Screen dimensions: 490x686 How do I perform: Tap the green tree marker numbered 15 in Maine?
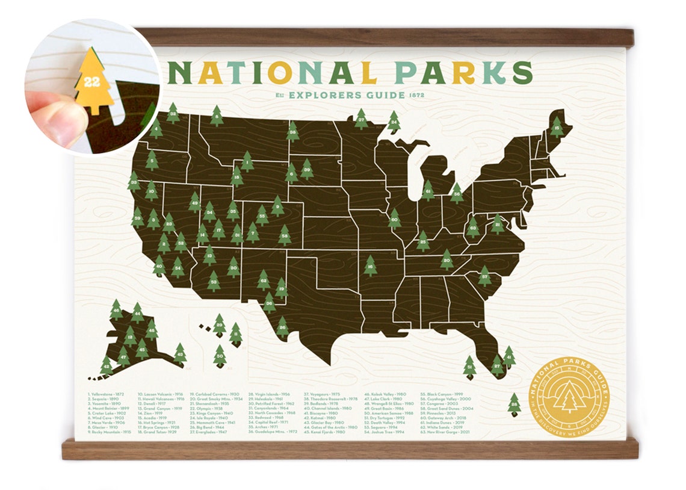coord(557,127)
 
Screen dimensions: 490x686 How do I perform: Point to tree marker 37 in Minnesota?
coord(360,119)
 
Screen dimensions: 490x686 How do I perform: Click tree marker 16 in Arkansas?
coord(370,265)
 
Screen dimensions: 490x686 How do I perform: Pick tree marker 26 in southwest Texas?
coord(282,327)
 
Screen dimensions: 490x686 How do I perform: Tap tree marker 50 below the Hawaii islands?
coord(220,356)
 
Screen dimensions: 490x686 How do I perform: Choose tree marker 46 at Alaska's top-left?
coord(116,310)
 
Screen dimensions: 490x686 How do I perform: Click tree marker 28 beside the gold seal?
coord(514,404)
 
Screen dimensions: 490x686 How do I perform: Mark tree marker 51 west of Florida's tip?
coord(469,367)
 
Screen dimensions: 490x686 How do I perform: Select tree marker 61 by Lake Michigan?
coord(428,191)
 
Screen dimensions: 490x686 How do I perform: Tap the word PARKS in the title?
coord(463,72)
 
